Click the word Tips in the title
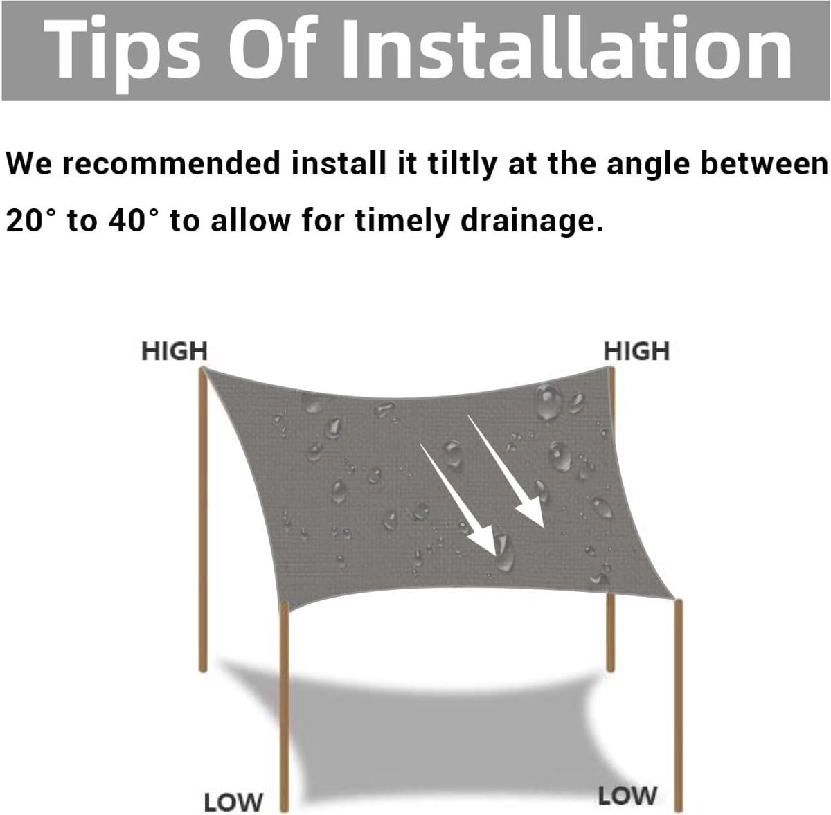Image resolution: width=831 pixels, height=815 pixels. (122, 52)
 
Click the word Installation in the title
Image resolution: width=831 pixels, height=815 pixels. (566, 48)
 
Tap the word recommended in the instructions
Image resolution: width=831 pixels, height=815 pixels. (172, 163)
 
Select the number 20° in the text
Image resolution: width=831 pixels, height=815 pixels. (31, 220)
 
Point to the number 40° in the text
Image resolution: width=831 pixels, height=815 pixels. (133, 220)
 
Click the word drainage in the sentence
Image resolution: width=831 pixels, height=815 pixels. (531, 222)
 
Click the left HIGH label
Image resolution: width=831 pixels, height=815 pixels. (175, 351)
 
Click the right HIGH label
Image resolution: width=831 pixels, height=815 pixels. (636, 351)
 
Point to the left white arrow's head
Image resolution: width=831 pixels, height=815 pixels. (485, 546)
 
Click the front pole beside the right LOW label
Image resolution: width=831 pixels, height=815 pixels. (679, 706)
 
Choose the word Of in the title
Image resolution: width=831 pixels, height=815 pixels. (269, 48)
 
